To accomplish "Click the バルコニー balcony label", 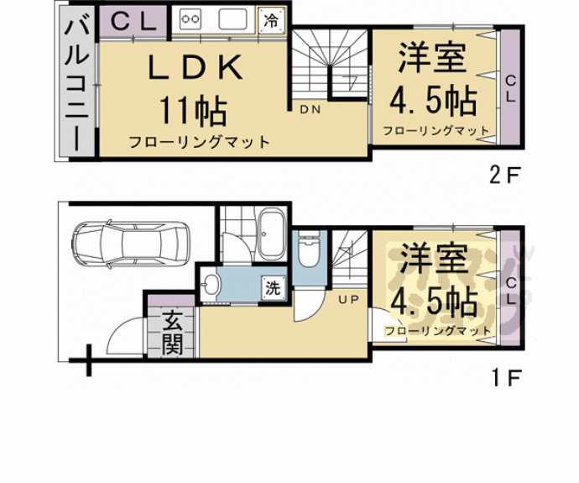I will [76, 82].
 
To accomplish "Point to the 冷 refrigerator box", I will [273, 19].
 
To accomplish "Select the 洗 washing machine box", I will [274, 286].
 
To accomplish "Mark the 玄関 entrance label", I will [173, 333].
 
